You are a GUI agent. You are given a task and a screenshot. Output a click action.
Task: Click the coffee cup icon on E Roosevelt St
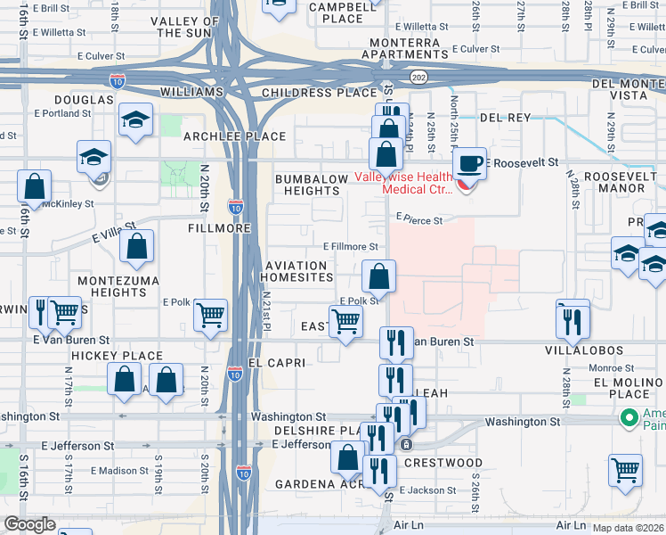tap(468, 164)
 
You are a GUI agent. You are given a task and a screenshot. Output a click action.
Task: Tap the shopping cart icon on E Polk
tap(210, 315)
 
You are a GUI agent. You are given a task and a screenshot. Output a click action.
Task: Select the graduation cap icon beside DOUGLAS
tap(135, 119)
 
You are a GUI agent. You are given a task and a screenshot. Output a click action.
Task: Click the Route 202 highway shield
tap(418, 78)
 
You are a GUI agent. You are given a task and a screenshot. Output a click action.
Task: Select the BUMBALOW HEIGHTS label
tap(312, 185)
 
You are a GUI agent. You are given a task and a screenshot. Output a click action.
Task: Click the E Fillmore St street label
tap(351, 246)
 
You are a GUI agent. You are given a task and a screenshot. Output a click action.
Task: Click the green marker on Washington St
tap(629, 416)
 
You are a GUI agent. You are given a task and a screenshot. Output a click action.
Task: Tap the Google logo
tap(29, 524)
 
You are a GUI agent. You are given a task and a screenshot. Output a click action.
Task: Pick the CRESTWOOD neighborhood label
tap(443, 463)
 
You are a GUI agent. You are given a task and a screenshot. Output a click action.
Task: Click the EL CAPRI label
tap(277, 363)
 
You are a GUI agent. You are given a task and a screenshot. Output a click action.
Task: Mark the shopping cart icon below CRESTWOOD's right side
tap(625, 469)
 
